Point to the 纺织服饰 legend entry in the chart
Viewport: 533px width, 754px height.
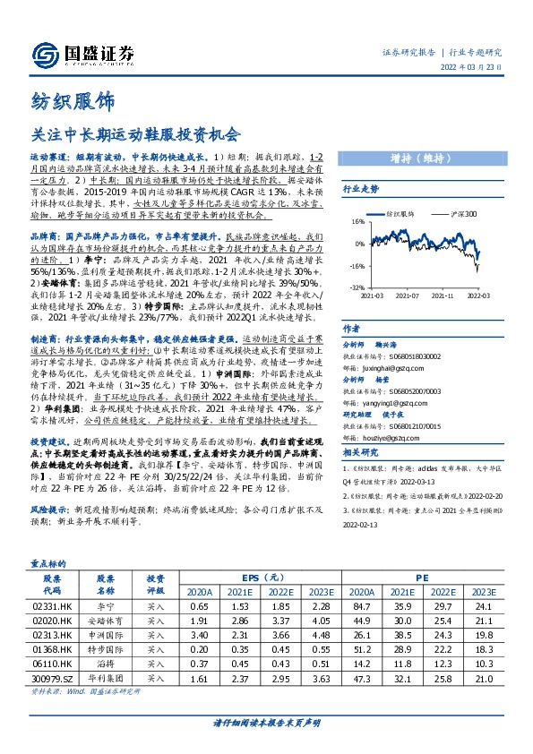[x=399, y=215]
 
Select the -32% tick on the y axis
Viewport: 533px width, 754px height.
[x=357, y=287]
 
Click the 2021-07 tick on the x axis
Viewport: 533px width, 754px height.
[x=407, y=295]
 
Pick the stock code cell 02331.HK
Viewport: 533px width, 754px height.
[x=52, y=606]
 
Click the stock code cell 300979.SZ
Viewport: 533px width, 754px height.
[x=52, y=680]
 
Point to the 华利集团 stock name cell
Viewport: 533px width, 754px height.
[x=106, y=680]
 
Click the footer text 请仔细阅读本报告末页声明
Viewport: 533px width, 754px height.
[x=266, y=722]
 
